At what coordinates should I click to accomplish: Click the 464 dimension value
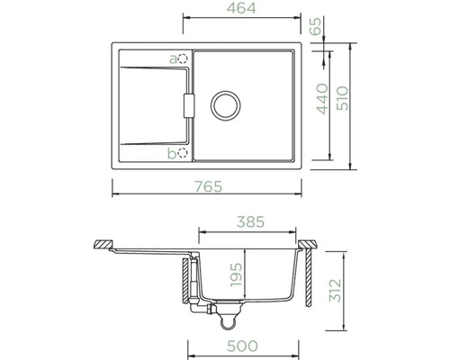point(241,8)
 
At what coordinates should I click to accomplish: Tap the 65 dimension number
point(316,26)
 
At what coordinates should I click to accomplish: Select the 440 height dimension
point(323,99)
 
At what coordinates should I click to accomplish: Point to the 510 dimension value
point(342,98)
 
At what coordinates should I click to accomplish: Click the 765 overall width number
point(209,186)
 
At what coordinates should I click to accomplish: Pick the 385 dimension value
point(250,222)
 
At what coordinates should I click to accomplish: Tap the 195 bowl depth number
point(236,274)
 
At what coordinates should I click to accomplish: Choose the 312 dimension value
point(336,291)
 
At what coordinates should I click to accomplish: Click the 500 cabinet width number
point(242,346)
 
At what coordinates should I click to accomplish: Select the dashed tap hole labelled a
point(183,58)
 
